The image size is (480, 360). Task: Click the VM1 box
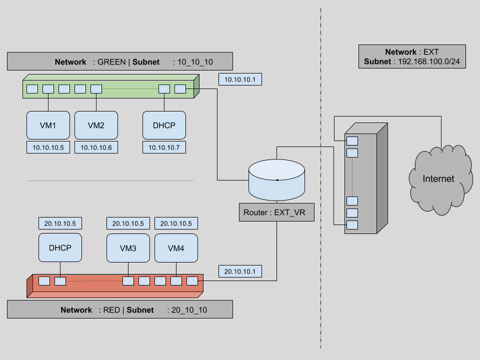click(x=48, y=125)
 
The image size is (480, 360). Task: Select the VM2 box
click(x=96, y=125)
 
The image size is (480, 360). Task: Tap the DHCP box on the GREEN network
click(x=164, y=125)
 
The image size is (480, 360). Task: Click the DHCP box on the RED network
click(x=60, y=247)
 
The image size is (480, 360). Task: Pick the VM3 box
click(x=128, y=247)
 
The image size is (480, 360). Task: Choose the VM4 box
click(x=176, y=247)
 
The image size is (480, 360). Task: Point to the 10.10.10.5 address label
click(x=48, y=147)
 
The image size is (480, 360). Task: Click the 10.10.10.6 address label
click(x=96, y=147)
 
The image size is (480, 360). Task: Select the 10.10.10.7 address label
click(x=164, y=147)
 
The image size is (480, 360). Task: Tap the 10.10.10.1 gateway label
click(x=240, y=79)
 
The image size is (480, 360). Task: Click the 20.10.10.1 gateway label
click(x=240, y=271)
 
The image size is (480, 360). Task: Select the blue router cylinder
click(x=276, y=180)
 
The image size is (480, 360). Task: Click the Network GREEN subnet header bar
click(x=120, y=62)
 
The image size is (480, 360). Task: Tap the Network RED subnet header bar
click(x=120, y=309)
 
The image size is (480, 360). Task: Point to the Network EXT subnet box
click(x=412, y=57)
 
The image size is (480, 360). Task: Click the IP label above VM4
click(x=176, y=223)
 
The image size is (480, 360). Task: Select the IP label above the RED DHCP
click(x=60, y=223)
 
